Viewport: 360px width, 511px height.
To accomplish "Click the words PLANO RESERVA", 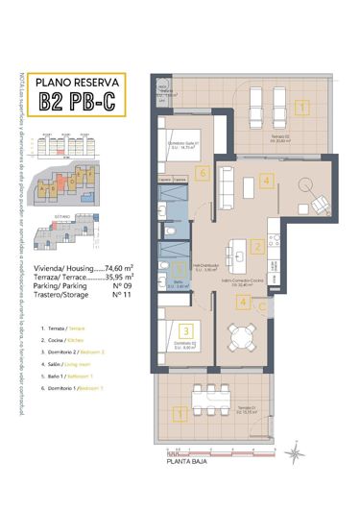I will [x=84, y=82].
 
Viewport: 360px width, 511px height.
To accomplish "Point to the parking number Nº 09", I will [x=121, y=287].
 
